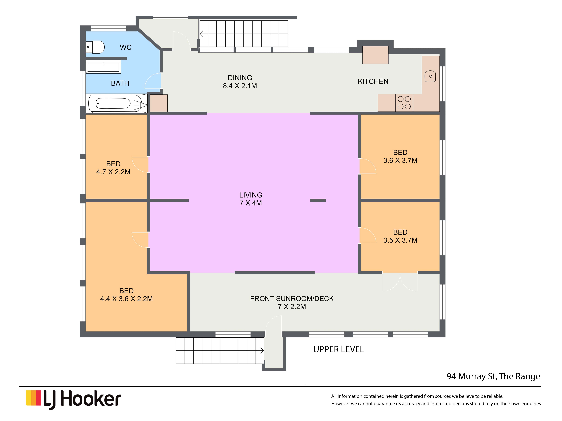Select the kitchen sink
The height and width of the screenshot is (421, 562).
point(430,76)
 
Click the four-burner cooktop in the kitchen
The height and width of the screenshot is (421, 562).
point(404,103)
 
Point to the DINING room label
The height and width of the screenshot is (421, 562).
point(240,78)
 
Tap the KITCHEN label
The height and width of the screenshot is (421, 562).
point(373,82)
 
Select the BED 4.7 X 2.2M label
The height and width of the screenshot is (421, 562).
point(113,168)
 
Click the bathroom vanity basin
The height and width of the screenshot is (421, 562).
point(103,67)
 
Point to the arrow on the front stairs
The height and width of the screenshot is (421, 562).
point(261,350)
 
